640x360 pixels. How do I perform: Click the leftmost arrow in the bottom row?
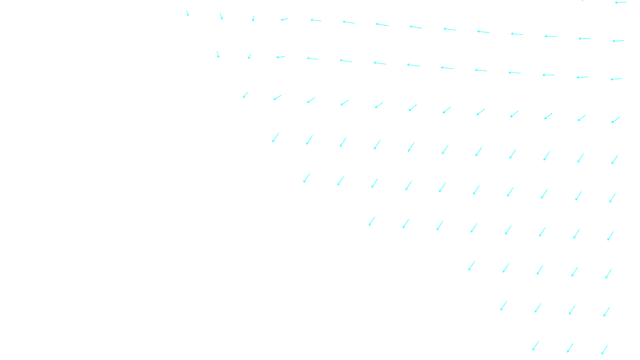point(535,346)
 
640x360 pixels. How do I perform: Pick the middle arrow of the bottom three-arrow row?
point(570,348)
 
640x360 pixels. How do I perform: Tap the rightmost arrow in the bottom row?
point(604,350)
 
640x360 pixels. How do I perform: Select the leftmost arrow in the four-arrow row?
point(504,306)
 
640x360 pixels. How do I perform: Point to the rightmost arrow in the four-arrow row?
point(606,312)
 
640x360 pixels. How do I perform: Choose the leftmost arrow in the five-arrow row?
point(472,266)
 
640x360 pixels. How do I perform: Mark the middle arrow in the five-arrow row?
point(540,270)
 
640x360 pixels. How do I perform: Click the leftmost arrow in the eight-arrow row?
point(372,221)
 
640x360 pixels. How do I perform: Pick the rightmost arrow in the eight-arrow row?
point(610,236)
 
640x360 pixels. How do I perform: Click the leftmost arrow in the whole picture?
point(187,13)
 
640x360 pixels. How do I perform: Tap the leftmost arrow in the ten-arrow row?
point(307,178)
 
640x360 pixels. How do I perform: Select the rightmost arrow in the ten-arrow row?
point(612,198)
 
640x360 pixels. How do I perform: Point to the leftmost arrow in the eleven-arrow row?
point(276,138)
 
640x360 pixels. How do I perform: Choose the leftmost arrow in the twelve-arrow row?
point(246,95)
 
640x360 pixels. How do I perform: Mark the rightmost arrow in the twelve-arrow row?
point(616,120)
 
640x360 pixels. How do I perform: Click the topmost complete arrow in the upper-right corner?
point(620,2)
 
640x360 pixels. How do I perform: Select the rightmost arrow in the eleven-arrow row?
point(615,160)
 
